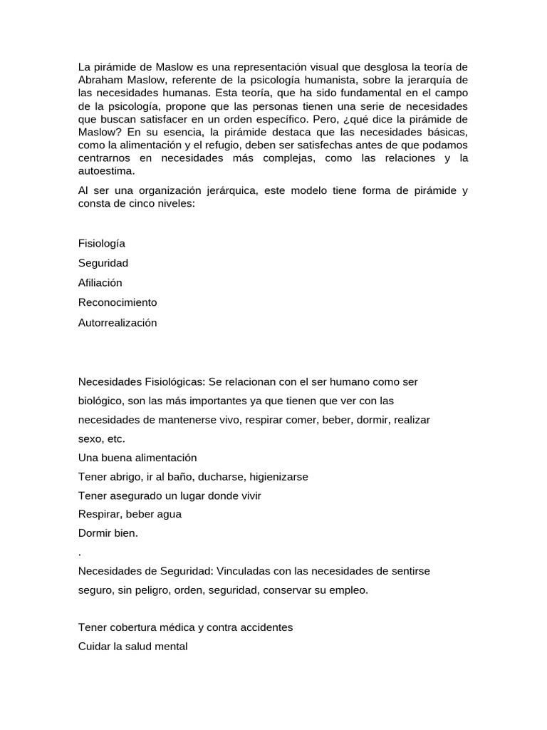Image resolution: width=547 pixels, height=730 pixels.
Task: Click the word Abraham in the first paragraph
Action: coord(98,80)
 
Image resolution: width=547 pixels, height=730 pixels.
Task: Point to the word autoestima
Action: coord(106,171)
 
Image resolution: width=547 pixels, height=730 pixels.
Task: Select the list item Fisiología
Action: coord(102,244)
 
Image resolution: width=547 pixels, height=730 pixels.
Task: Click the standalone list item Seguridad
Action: coord(103,263)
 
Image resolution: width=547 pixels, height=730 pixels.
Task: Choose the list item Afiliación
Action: coord(100,283)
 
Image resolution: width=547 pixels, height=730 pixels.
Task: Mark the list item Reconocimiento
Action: coord(118,302)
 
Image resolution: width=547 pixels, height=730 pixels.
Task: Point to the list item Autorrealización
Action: coord(118,322)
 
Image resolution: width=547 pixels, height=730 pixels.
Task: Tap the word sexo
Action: coord(90,439)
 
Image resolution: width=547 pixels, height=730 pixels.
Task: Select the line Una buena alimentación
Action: coord(137,458)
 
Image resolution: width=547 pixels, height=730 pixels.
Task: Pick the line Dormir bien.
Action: coord(108,533)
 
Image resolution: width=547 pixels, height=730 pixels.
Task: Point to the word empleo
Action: coord(348,590)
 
